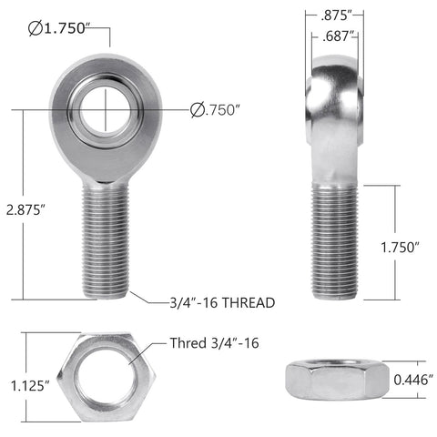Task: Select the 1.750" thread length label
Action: point(401,246)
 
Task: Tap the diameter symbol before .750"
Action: point(198,111)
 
